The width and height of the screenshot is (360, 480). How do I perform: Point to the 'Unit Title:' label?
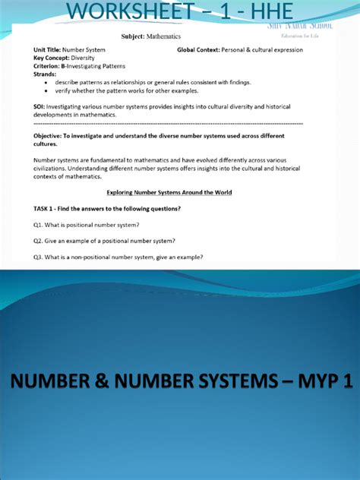click(51, 50)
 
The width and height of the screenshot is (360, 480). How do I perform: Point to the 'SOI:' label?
click(40, 106)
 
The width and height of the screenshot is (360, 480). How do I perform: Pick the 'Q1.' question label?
click(39, 225)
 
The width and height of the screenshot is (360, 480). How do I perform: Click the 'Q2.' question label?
click(39, 241)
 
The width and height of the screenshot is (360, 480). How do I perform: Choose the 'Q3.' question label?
click(39, 257)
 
